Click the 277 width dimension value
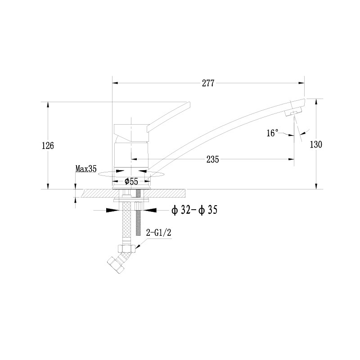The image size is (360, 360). tap(208, 83)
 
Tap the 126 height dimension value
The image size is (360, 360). tap(48, 145)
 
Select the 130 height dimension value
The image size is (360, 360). tap(316, 144)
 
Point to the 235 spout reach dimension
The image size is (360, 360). tap(212, 159)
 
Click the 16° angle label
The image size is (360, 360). tap(273, 133)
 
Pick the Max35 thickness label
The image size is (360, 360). tap(86, 169)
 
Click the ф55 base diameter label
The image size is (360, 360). tap(131, 181)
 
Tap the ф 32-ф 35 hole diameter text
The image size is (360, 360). tap(194, 210)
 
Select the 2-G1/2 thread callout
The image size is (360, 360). tap(159, 233)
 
